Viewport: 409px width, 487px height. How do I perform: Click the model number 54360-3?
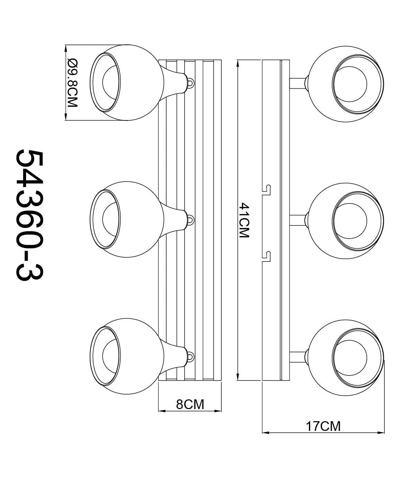click(x=29, y=215)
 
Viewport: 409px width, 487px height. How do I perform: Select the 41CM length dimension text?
click(x=244, y=220)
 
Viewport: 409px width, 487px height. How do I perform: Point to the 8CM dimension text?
click(x=190, y=404)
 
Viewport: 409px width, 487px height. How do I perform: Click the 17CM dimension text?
click(x=323, y=426)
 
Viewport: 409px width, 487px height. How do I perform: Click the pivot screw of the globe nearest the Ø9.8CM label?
click(x=190, y=82)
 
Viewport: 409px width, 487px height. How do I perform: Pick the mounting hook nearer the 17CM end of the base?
click(x=266, y=255)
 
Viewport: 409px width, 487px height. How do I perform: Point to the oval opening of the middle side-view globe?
click(x=106, y=220)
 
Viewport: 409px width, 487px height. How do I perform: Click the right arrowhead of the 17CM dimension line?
click(x=382, y=432)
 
